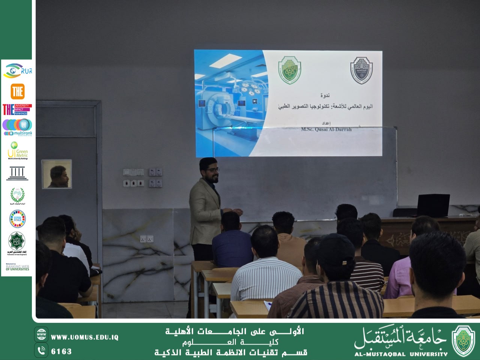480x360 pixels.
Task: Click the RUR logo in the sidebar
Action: [18, 70]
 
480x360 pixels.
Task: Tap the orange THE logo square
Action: [18, 91]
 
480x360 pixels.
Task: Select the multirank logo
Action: [18, 127]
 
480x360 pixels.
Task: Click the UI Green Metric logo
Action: [18, 150]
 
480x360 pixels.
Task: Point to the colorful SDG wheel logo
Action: [17, 219]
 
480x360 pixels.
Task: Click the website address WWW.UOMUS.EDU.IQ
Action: [84, 337]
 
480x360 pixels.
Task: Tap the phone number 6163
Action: [61, 351]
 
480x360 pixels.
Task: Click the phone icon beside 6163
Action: [41, 351]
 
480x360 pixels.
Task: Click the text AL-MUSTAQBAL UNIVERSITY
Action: [401, 354]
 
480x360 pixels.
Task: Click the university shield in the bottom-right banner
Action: [463, 340]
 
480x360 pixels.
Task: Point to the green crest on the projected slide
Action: [290, 70]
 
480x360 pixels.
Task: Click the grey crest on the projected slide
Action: [361, 70]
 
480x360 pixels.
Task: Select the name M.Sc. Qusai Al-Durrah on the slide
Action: [326, 129]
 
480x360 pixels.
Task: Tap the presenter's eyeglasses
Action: [213, 170]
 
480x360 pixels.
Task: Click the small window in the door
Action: [57, 174]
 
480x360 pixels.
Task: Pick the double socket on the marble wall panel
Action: [147, 239]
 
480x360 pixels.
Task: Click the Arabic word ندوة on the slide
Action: [325, 95]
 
